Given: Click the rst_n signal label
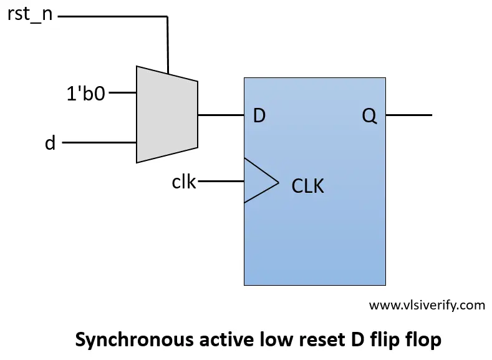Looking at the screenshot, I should (30, 15).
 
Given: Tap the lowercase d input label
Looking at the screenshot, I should (51, 143).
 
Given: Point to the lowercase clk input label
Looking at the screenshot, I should (184, 182).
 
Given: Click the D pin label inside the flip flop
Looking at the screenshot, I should (259, 115).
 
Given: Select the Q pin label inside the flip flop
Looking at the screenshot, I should (369, 115).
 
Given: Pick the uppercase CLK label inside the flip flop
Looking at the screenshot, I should (308, 186).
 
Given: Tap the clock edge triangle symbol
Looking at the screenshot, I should (259, 181).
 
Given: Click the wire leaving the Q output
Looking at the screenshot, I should (408, 115).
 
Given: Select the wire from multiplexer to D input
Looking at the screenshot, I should (221, 115).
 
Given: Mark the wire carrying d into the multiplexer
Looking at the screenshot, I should (99, 143).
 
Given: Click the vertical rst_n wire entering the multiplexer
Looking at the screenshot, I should (167, 44).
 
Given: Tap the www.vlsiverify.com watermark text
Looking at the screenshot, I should (427, 305).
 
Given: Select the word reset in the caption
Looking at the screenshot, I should (312, 340).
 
